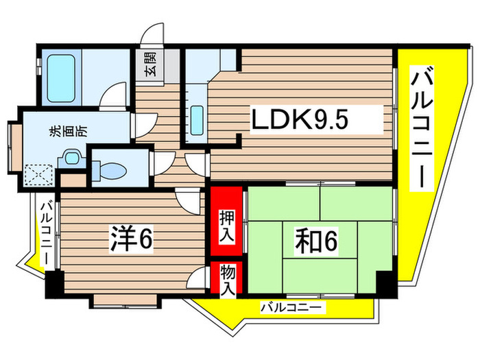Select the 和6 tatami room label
tap(317, 240)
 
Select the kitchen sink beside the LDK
tap(195, 121)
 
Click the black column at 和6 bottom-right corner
tap(384, 282)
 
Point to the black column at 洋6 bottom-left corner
tap(53, 283)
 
